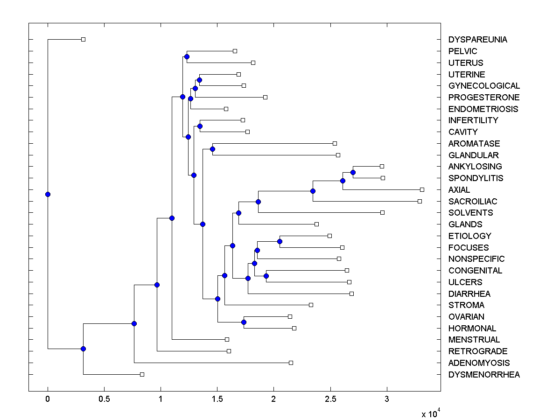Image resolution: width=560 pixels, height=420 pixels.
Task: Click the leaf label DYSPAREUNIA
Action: tap(477, 40)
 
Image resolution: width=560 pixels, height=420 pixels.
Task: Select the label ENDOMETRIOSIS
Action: tap(483, 109)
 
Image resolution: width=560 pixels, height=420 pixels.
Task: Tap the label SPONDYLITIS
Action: tap(476, 178)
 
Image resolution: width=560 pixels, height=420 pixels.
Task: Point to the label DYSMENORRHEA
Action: tap(484, 374)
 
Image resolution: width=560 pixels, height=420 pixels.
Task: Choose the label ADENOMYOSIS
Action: tap(479, 363)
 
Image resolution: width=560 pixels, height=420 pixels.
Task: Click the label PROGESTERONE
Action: tap(484, 98)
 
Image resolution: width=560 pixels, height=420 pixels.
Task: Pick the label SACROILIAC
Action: tap(473, 201)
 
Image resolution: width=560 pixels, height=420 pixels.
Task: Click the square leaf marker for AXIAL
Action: tap(422, 189)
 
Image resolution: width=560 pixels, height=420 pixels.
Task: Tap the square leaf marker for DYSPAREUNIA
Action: tap(83, 39)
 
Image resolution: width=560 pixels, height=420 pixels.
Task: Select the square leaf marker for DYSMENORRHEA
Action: tap(142, 374)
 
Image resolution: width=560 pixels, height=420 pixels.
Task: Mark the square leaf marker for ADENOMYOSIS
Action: tap(291, 363)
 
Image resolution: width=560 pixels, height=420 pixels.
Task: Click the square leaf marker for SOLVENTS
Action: tap(382, 212)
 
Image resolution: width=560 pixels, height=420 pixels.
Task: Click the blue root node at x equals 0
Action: tap(48, 194)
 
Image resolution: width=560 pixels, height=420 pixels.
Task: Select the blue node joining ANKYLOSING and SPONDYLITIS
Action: tap(353, 172)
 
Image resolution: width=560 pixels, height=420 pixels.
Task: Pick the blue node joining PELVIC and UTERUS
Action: tap(187, 56)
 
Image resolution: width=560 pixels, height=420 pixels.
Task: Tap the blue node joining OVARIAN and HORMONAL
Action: tap(244, 322)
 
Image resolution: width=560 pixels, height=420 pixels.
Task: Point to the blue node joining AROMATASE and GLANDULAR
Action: tap(212, 149)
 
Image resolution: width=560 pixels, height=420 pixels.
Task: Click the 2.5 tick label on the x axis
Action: tap(330, 399)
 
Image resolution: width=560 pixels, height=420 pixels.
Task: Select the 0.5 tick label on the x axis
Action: tap(104, 399)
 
